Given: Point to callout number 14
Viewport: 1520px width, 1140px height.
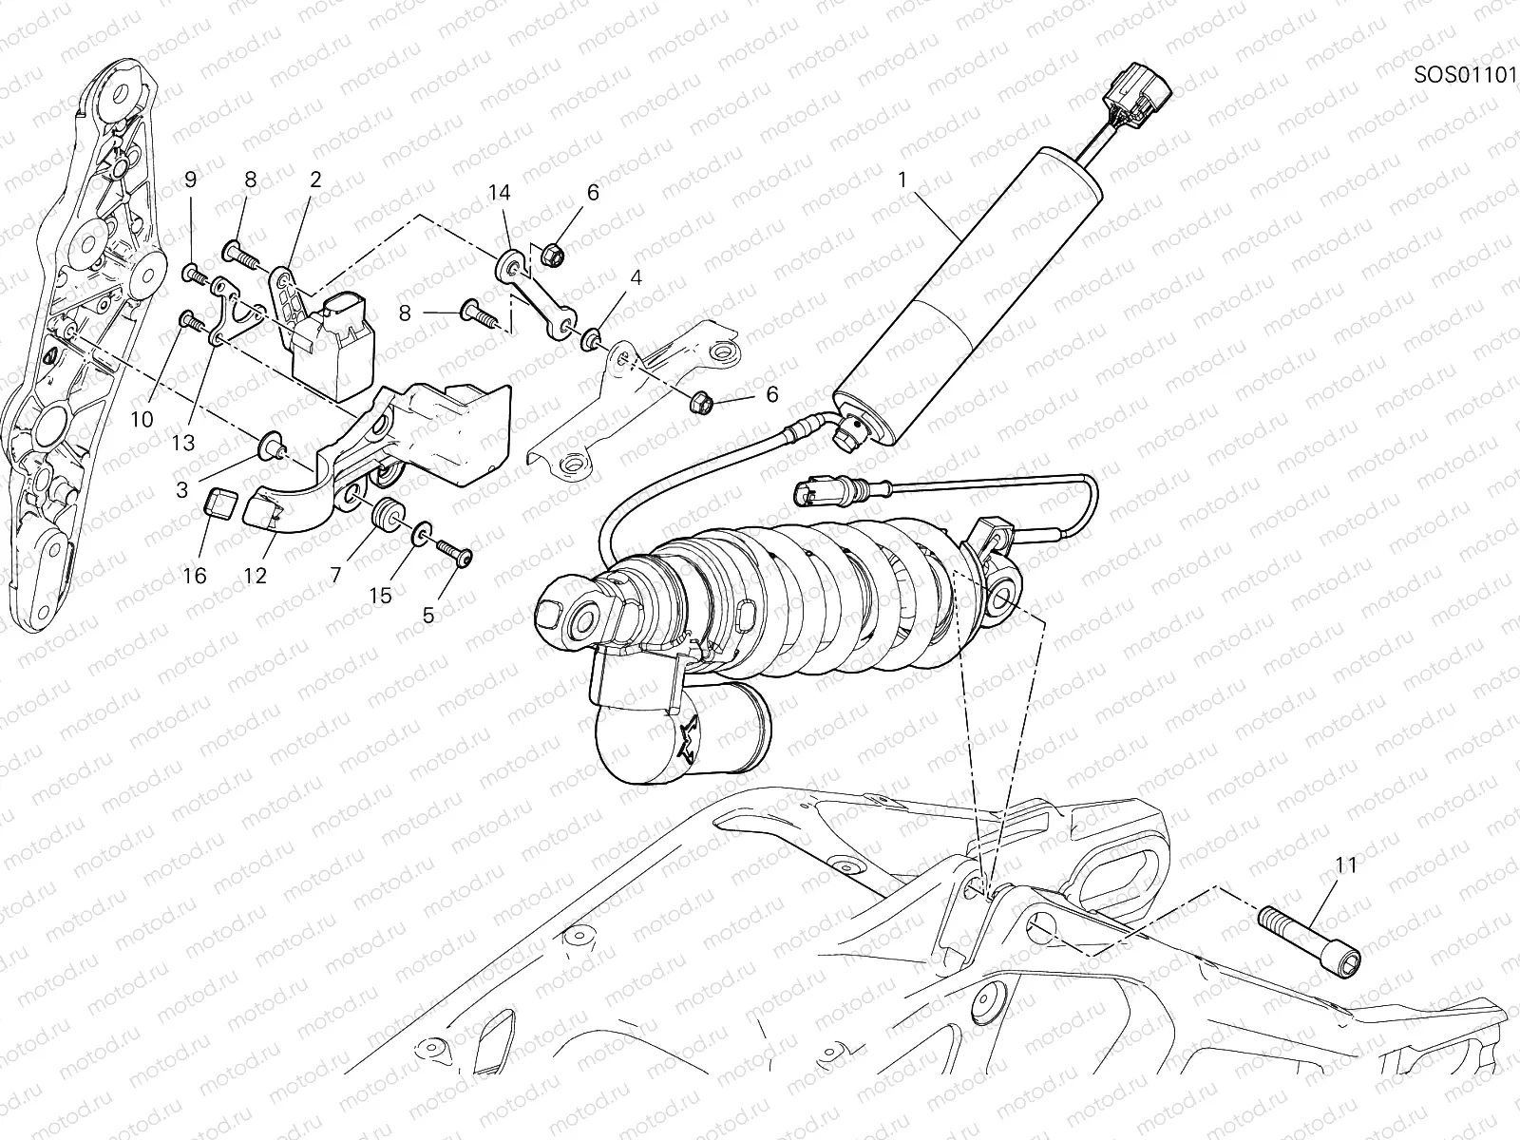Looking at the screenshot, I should tap(500, 193).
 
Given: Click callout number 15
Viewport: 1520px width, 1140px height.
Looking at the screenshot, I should tap(380, 597).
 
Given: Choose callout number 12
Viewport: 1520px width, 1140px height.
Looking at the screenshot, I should tap(255, 576).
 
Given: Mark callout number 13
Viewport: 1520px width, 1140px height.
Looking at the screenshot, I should tap(183, 443).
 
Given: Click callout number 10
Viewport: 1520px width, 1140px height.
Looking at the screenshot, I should tap(142, 418).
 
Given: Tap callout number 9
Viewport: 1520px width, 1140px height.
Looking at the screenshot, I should tap(190, 178).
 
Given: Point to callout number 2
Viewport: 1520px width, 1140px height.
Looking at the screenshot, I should tap(314, 178).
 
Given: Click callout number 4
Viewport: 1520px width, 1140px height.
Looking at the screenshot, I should tap(635, 278).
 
